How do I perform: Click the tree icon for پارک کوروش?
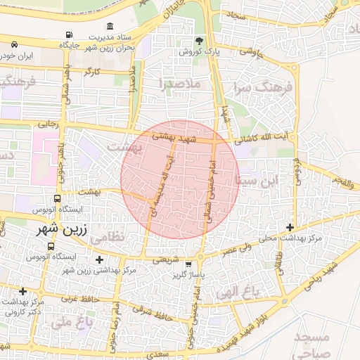coord(198,40)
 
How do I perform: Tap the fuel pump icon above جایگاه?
coord(68,34)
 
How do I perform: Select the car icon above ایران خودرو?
coord(15,44)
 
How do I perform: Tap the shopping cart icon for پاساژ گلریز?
coord(188,264)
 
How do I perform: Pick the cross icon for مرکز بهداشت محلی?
coord(290,227)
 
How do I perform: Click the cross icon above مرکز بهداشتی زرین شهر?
coord(99,260)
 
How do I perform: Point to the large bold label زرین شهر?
coord(66,229)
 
